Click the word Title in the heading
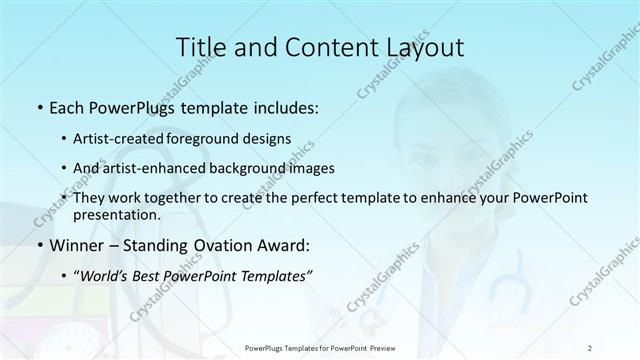click(200, 48)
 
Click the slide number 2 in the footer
click(590, 347)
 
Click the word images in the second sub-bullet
click(308, 168)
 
